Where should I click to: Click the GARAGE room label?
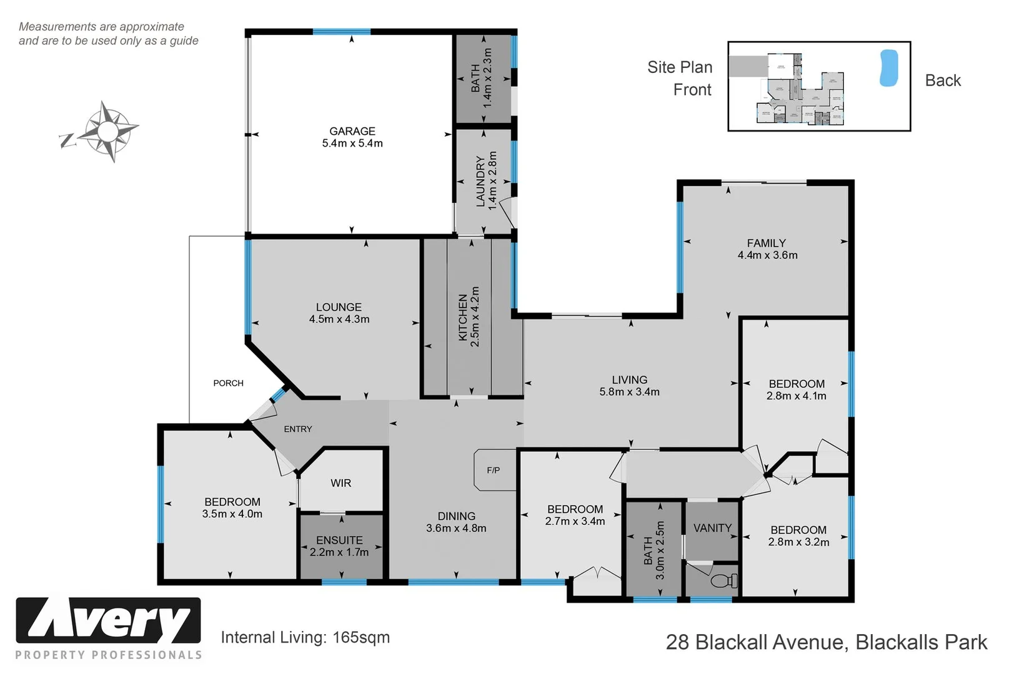tap(352, 131)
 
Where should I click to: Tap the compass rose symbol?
tap(109, 132)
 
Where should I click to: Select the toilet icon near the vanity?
tap(725, 581)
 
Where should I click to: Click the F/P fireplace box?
tap(494, 471)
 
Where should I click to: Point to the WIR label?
tap(341, 483)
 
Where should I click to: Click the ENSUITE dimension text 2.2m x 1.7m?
tap(339, 552)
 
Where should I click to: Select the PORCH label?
tap(228, 383)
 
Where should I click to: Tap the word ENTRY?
tap(298, 429)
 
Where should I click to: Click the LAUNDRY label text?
tap(480, 181)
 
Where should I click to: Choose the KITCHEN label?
tap(463, 318)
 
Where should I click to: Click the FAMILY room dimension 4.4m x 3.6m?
tap(767, 255)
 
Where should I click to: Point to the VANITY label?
tap(712, 528)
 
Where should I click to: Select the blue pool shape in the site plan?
tap(888, 68)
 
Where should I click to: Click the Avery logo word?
tap(109, 620)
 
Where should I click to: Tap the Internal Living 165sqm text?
tap(305, 637)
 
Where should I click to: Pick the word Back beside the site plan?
tap(943, 81)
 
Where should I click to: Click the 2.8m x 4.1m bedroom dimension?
tap(796, 396)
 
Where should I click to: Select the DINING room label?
tap(456, 516)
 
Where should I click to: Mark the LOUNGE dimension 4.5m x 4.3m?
tap(339, 320)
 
